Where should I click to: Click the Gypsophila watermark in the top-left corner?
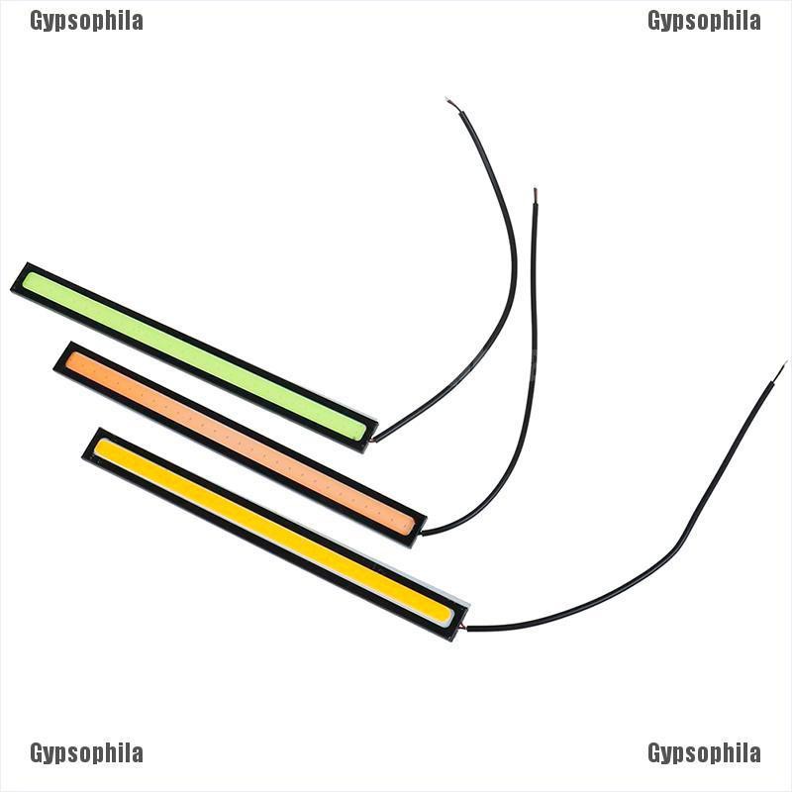[86, 21]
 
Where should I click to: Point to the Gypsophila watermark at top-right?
[704, 21]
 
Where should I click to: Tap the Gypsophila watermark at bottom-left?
[86, 753]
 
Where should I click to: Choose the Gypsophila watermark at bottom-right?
[704, 753]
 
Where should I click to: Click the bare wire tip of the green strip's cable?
[449, 101]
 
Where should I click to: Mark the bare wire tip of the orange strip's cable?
[535, 190]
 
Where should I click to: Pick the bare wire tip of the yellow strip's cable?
[784, 364]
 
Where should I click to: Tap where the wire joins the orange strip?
[423, 534]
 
